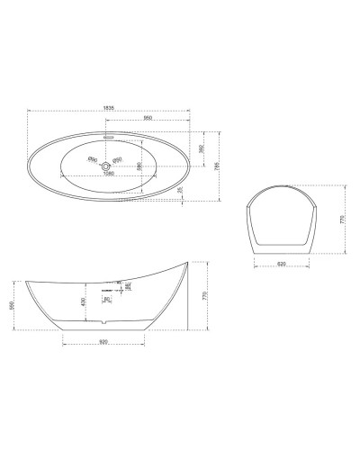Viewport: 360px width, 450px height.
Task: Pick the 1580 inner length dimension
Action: click(x=110, y=175)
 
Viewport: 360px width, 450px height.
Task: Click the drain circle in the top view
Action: click(x=106, y=166)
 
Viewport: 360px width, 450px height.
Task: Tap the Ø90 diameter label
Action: click(x=92, y=160)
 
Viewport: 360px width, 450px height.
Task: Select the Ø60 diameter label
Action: click(x=118, y=160)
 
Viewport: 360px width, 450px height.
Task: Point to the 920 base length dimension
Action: click(x=103, y=343)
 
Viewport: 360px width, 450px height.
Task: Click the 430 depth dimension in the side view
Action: click(x=85, y=301)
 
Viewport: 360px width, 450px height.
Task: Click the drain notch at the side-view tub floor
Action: click(x=105, y=322)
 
